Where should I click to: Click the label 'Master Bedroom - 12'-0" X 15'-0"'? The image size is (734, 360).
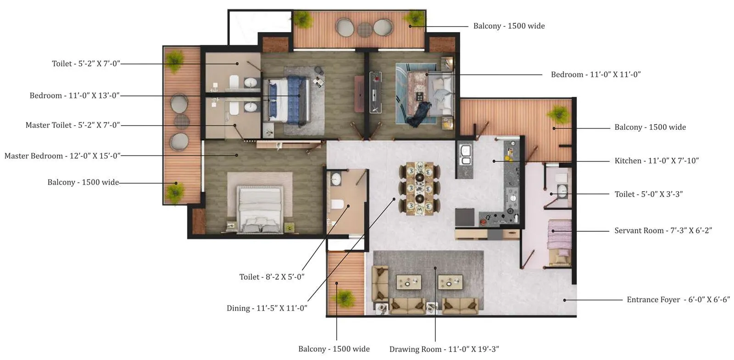point(62,156)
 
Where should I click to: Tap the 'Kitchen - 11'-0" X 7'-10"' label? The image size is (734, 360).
point(656,161)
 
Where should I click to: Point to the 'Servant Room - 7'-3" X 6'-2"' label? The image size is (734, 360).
point(663,231)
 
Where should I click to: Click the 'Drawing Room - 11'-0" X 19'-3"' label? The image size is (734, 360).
point(444,349)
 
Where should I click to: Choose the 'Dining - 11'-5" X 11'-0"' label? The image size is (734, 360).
point(267,308)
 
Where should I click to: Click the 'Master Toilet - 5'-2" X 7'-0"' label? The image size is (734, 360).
point(72,125)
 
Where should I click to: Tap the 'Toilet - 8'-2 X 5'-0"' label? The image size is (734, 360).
point(272,277)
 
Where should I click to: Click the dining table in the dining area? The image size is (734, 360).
point(419,188)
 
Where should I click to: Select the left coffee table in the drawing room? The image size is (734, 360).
point(409,282)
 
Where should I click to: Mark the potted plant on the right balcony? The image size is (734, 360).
point(558,114)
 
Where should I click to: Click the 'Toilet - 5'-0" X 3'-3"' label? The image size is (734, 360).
point(648,194)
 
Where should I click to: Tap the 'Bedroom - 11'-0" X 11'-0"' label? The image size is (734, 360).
point(595,75)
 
